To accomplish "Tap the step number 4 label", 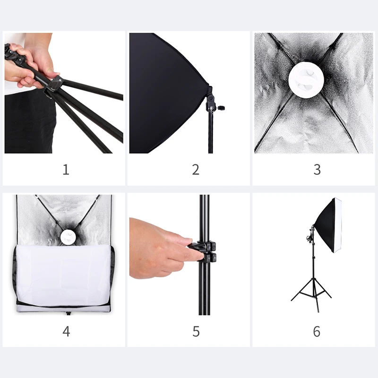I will pos(66,331).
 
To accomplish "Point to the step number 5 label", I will pos(196,331).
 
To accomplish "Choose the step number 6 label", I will pos(317,331).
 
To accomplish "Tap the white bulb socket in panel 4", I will pos(69,236).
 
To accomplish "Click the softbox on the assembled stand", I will pos(328,224).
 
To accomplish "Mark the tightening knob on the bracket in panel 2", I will pos(220,108).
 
